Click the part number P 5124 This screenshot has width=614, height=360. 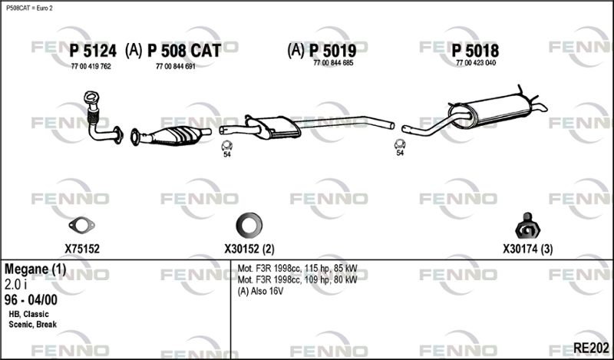tap(93, 51)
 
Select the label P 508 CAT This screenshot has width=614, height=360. tap(184, 51)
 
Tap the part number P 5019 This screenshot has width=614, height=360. tap(333, 51)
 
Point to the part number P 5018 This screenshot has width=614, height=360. tap(475, 51)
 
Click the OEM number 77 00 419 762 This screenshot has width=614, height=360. tap(91, 67)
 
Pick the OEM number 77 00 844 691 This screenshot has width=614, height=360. tap(176, 67)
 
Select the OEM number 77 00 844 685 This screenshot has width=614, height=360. tap(333, 63)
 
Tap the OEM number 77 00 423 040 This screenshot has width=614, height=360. tap(476, 63)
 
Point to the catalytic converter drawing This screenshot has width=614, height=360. tap(170, 136)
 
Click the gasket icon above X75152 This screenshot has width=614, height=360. tap(81, 225)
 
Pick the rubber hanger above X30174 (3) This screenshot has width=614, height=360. tap(527, 226)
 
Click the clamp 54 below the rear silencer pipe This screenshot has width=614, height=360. tap(400, 144)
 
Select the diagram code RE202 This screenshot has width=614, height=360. tap(591, 348)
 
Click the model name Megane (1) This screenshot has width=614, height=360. tap(35, 269)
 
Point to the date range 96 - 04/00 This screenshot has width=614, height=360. tap(31, 300)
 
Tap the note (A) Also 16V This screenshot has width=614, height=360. tap(260, 291)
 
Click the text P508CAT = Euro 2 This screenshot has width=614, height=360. tap(29, 8)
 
